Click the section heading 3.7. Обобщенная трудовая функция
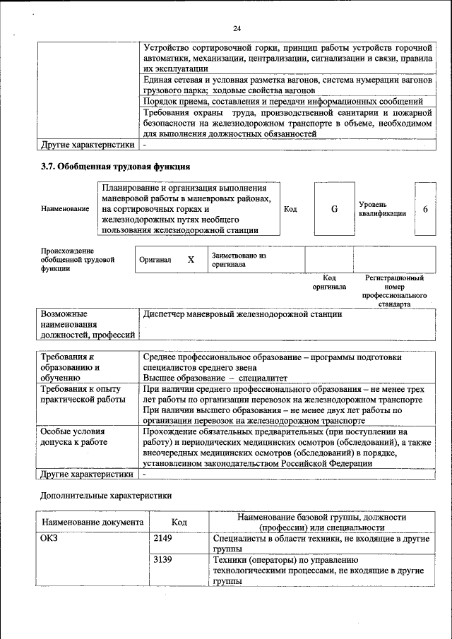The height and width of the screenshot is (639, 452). (115, 167)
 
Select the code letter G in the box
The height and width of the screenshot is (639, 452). (335, 209)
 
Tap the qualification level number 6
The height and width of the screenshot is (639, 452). (425, 209)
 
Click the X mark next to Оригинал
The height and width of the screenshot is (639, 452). (191, 260)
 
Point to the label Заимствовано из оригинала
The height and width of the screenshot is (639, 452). (239, 260)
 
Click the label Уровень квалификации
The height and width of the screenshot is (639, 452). (381, 208)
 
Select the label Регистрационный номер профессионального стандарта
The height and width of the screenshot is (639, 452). (394, 292)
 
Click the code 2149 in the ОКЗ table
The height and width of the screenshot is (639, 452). (163, 539)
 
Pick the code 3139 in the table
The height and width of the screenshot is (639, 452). (163, 559)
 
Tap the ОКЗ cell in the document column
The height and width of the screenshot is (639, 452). (50, 539)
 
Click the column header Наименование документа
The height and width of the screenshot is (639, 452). (93, 522)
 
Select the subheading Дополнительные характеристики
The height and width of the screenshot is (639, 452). (106, 496)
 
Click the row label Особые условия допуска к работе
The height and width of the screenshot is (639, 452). (73, 436)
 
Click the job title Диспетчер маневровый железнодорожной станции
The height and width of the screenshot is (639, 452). (242, 314)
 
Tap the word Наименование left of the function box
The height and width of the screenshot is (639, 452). (65, 209)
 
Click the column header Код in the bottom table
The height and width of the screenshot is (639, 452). (179, 522)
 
